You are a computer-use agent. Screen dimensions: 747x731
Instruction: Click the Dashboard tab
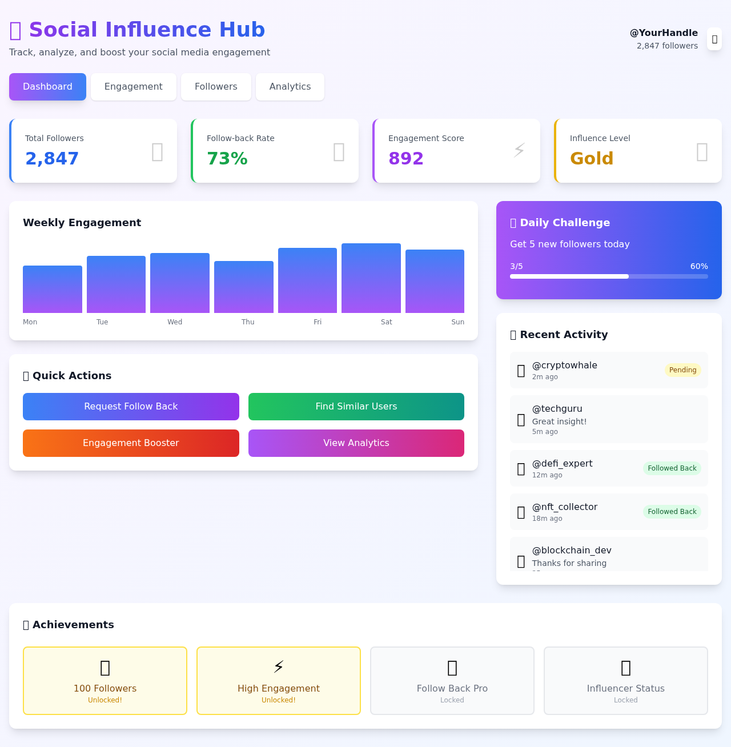[47, 87]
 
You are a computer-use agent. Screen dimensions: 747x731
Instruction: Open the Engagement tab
[133, 87]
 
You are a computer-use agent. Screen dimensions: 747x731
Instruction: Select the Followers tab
[216, 87]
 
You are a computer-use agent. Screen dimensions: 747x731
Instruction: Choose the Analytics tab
[290, 87]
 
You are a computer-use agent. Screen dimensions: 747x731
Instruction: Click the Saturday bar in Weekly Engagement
[371, 278]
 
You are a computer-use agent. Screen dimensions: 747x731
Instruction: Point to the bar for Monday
[53, 289]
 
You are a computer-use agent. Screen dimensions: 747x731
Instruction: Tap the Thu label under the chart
[248, 322]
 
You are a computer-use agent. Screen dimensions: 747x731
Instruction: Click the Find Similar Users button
[356, 407]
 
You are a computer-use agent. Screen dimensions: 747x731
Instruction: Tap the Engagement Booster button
[131, 443]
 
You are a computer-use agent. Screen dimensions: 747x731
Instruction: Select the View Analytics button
[356, 443]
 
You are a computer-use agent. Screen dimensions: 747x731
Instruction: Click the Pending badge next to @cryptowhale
[682, 370]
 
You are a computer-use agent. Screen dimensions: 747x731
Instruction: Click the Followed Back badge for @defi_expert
[672, 468]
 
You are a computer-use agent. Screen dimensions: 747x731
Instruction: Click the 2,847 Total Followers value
[52, 159]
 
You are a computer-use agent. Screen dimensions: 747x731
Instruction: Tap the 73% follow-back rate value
[227, 159]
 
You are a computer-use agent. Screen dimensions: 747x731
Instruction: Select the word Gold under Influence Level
[592, 159]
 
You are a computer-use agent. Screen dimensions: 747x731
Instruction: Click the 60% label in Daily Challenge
[699, 267]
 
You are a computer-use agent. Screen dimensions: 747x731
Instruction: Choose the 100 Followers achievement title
[105, 689]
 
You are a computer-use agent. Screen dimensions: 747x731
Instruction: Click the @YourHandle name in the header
[664, 33]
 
